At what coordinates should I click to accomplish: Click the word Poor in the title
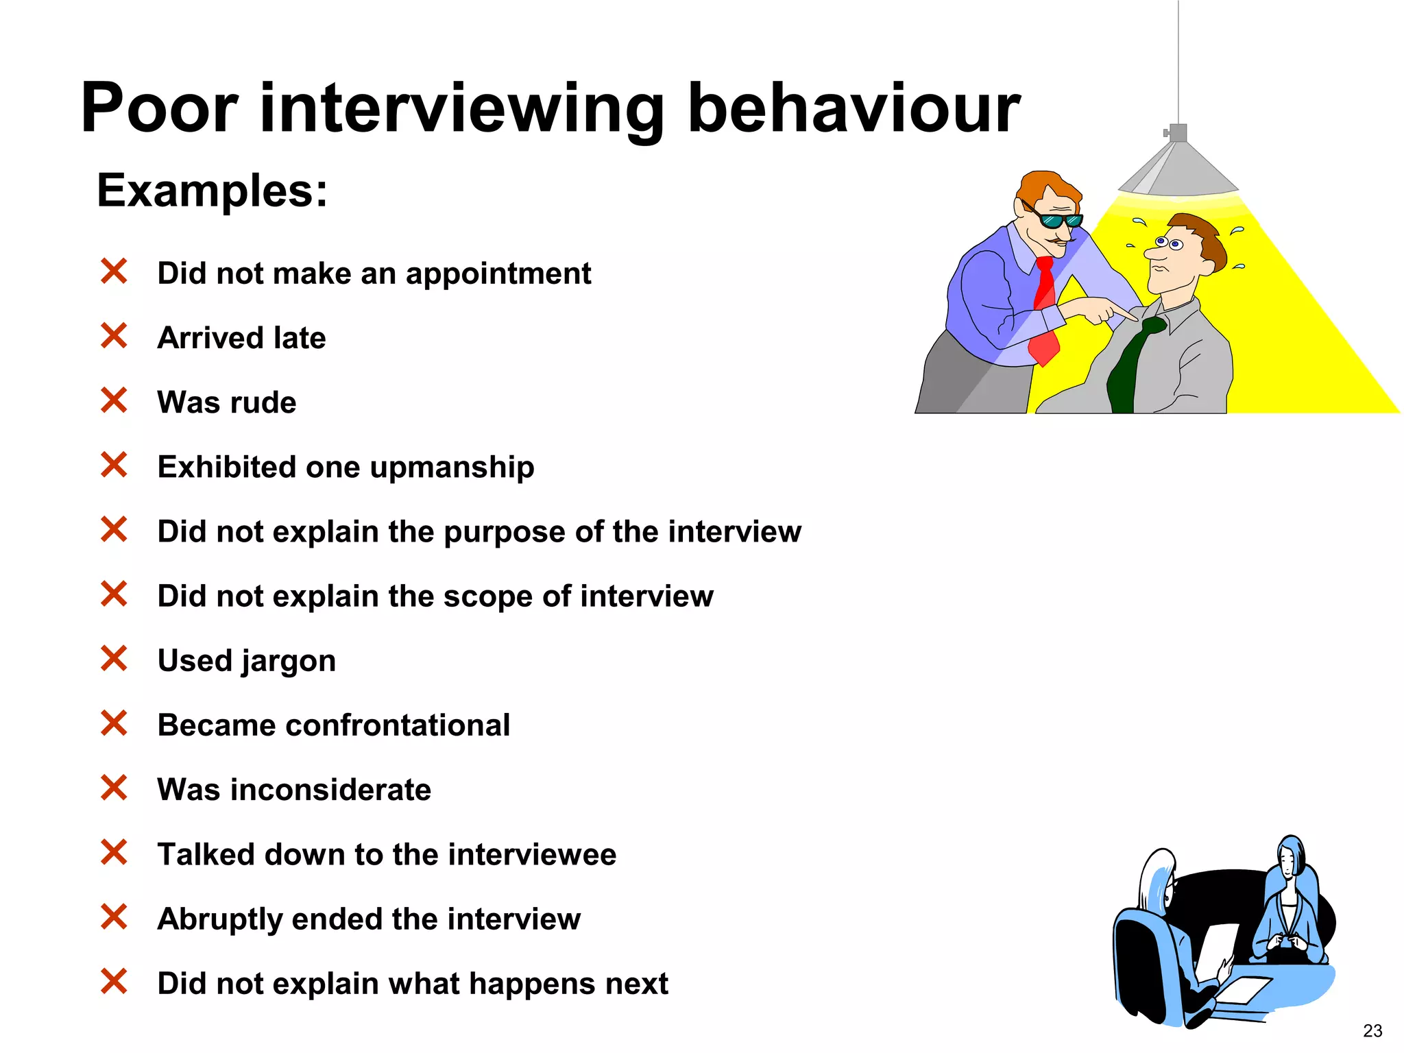159,108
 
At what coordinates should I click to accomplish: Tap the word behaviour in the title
854,108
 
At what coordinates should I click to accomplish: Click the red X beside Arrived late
114,336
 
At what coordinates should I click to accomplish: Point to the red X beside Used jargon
114,659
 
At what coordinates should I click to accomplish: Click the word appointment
498,274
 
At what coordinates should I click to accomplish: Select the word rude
263,402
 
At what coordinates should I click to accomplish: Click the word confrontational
398,725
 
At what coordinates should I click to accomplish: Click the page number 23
1372,1031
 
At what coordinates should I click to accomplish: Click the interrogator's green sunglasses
1059,220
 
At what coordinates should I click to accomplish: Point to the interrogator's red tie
1044,308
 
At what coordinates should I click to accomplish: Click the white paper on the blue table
1244,989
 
